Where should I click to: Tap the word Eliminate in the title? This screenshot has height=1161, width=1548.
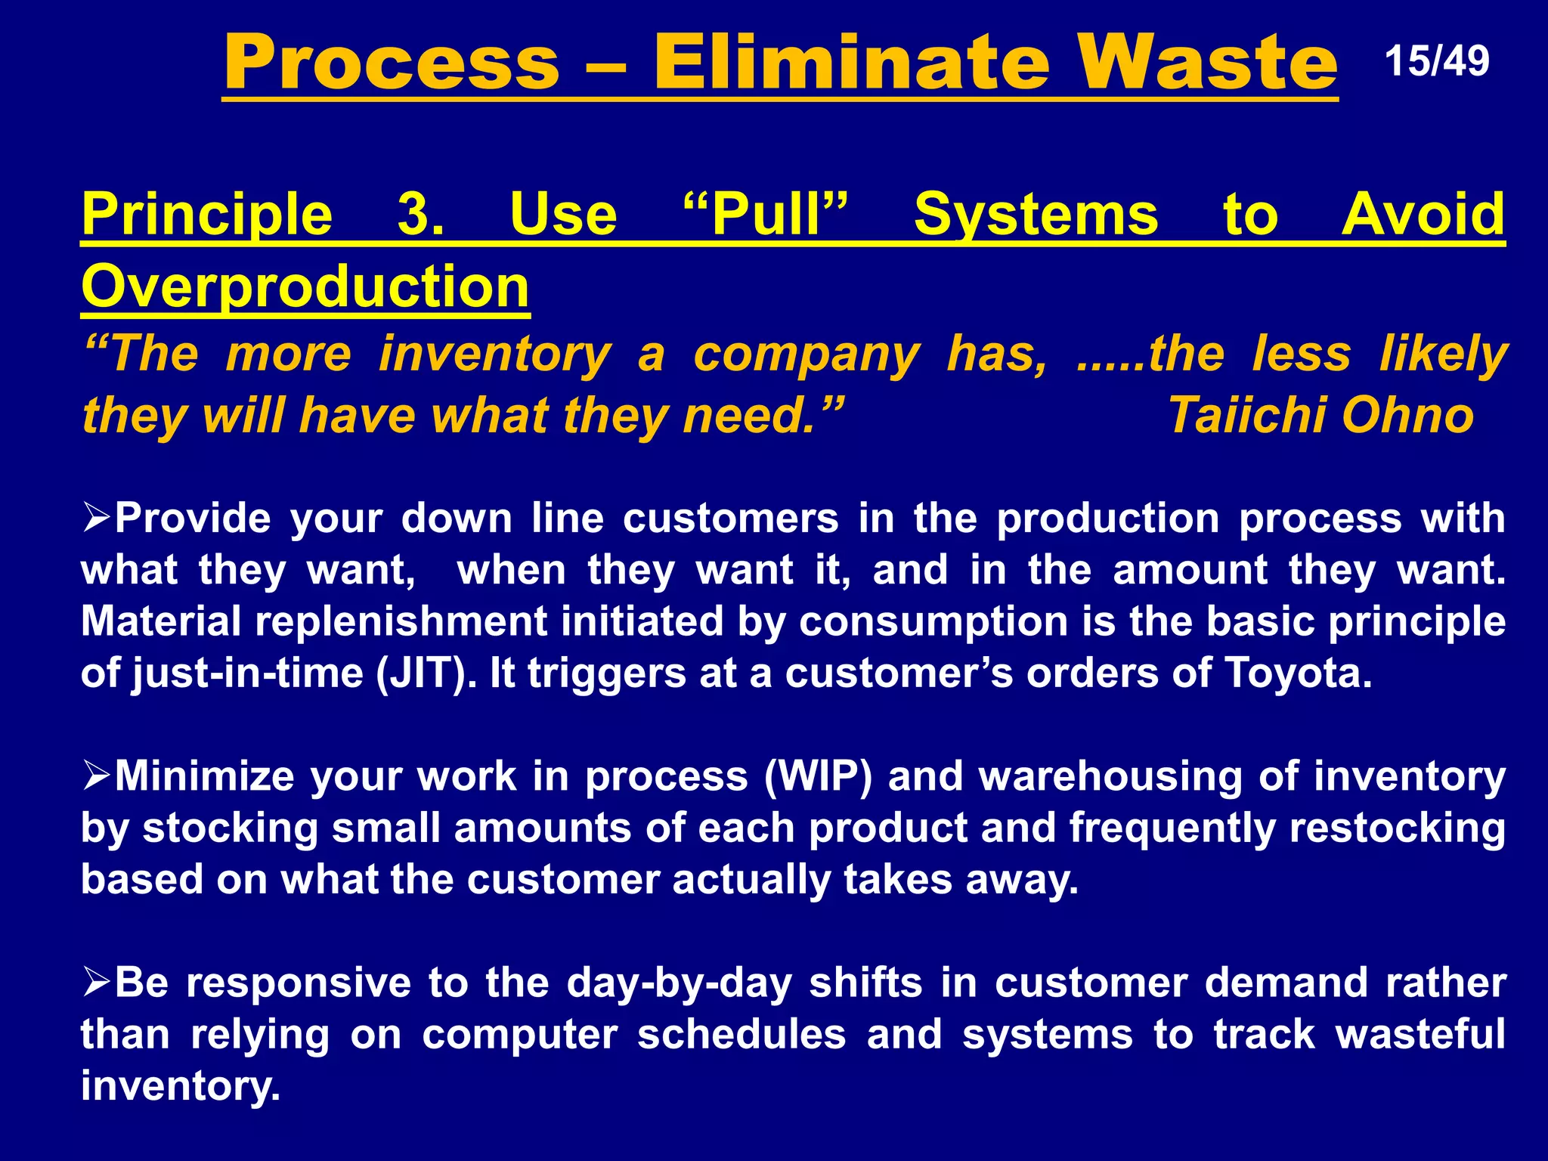tap(851, 63)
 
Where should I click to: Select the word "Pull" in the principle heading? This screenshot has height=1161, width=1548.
tap(765, 215)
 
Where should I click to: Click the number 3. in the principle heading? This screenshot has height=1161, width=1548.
tap(421, 215)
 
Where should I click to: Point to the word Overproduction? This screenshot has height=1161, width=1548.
tap(305, 287)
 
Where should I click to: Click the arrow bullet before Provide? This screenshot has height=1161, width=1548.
tap(97, 519)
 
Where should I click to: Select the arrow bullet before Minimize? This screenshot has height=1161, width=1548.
tap(97, 777)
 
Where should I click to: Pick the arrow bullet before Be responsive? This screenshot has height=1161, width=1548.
tap(97, 983)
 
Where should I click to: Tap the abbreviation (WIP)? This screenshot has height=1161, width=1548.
tap(819, 777)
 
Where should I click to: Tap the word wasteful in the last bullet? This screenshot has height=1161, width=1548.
tap(1420, 1035)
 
